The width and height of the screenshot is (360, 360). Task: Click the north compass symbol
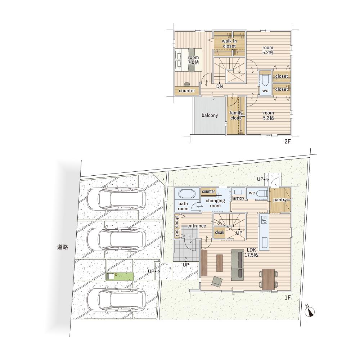[x=310, y=311]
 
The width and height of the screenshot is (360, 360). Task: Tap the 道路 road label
[x=62, y=247]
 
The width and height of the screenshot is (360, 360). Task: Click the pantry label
[x=280, y=200]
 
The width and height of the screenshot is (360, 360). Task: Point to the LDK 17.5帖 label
[x=251, y=252]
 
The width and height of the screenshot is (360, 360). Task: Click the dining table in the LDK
[x=269, y=279]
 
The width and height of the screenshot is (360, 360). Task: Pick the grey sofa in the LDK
[x=237, y=265]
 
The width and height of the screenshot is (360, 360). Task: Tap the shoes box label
[x=177, y=226]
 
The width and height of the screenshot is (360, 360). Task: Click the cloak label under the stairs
[x=220, y=232]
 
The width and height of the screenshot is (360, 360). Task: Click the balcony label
[x=210, y=115]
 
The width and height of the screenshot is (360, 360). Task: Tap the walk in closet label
[x=229, y=44]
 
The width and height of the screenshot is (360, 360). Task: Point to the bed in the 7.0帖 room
[x=189, y=60]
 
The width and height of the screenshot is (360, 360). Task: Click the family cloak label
[x=236, y=115]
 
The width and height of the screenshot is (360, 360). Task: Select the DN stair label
[x=220, y=86]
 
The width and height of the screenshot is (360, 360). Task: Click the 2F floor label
[x=287, y=141]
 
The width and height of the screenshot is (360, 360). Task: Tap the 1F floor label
[x=287, y=298]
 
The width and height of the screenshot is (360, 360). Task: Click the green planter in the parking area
[x=120, y=276]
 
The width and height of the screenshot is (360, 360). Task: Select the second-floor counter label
[x=187, y=91]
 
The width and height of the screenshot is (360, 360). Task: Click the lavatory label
[x=238, y=198]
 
